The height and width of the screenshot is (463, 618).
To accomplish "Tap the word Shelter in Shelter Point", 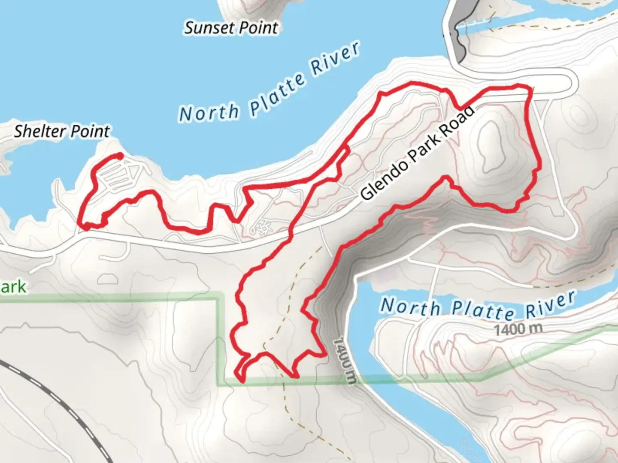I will click(x=39, y=131).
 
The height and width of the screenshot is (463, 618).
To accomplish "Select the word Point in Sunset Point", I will click(x=258, y=28).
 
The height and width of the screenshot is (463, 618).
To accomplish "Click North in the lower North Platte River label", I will click(x=410, y=307).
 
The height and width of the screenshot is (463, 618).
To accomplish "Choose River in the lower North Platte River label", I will click(x=550, y=301).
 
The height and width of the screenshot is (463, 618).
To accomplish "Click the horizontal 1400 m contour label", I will click(x=518, y=330).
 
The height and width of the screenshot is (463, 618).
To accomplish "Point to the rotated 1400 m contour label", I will click(x=345, y=359).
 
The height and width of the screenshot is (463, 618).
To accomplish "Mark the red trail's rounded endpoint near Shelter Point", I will click(x=120, y=156).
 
